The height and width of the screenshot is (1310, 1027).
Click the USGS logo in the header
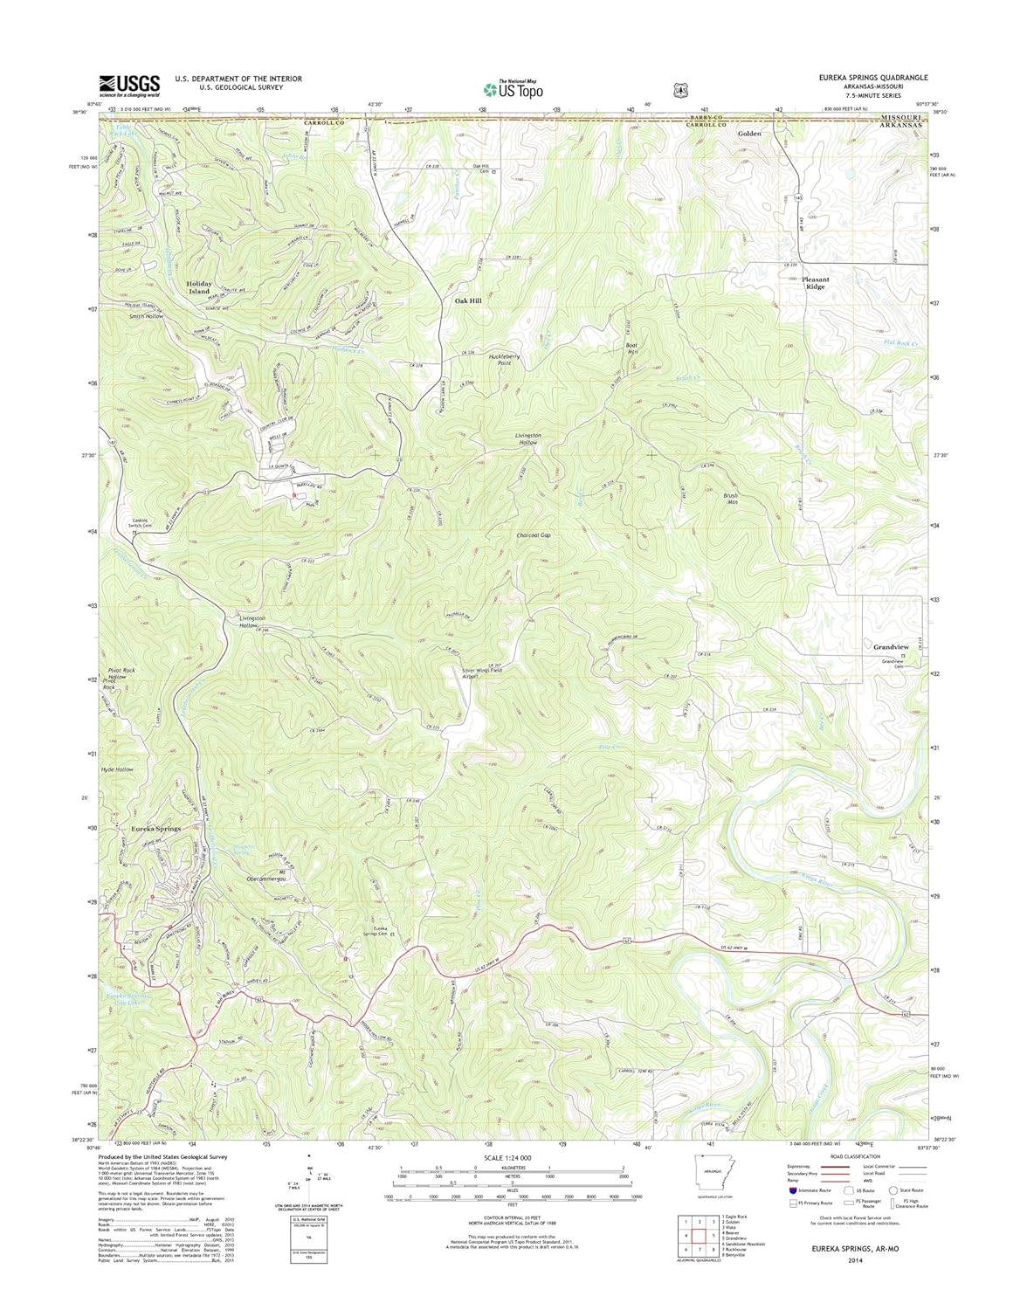130,84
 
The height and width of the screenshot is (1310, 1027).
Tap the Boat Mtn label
632,348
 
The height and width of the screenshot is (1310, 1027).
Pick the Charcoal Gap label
534,535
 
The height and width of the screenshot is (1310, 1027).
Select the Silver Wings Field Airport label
482,672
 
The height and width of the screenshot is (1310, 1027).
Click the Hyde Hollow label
117,769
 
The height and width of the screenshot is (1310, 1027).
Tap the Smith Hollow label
142,315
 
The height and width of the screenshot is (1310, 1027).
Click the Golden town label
749,134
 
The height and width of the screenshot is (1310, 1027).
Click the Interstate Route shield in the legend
793,1189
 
